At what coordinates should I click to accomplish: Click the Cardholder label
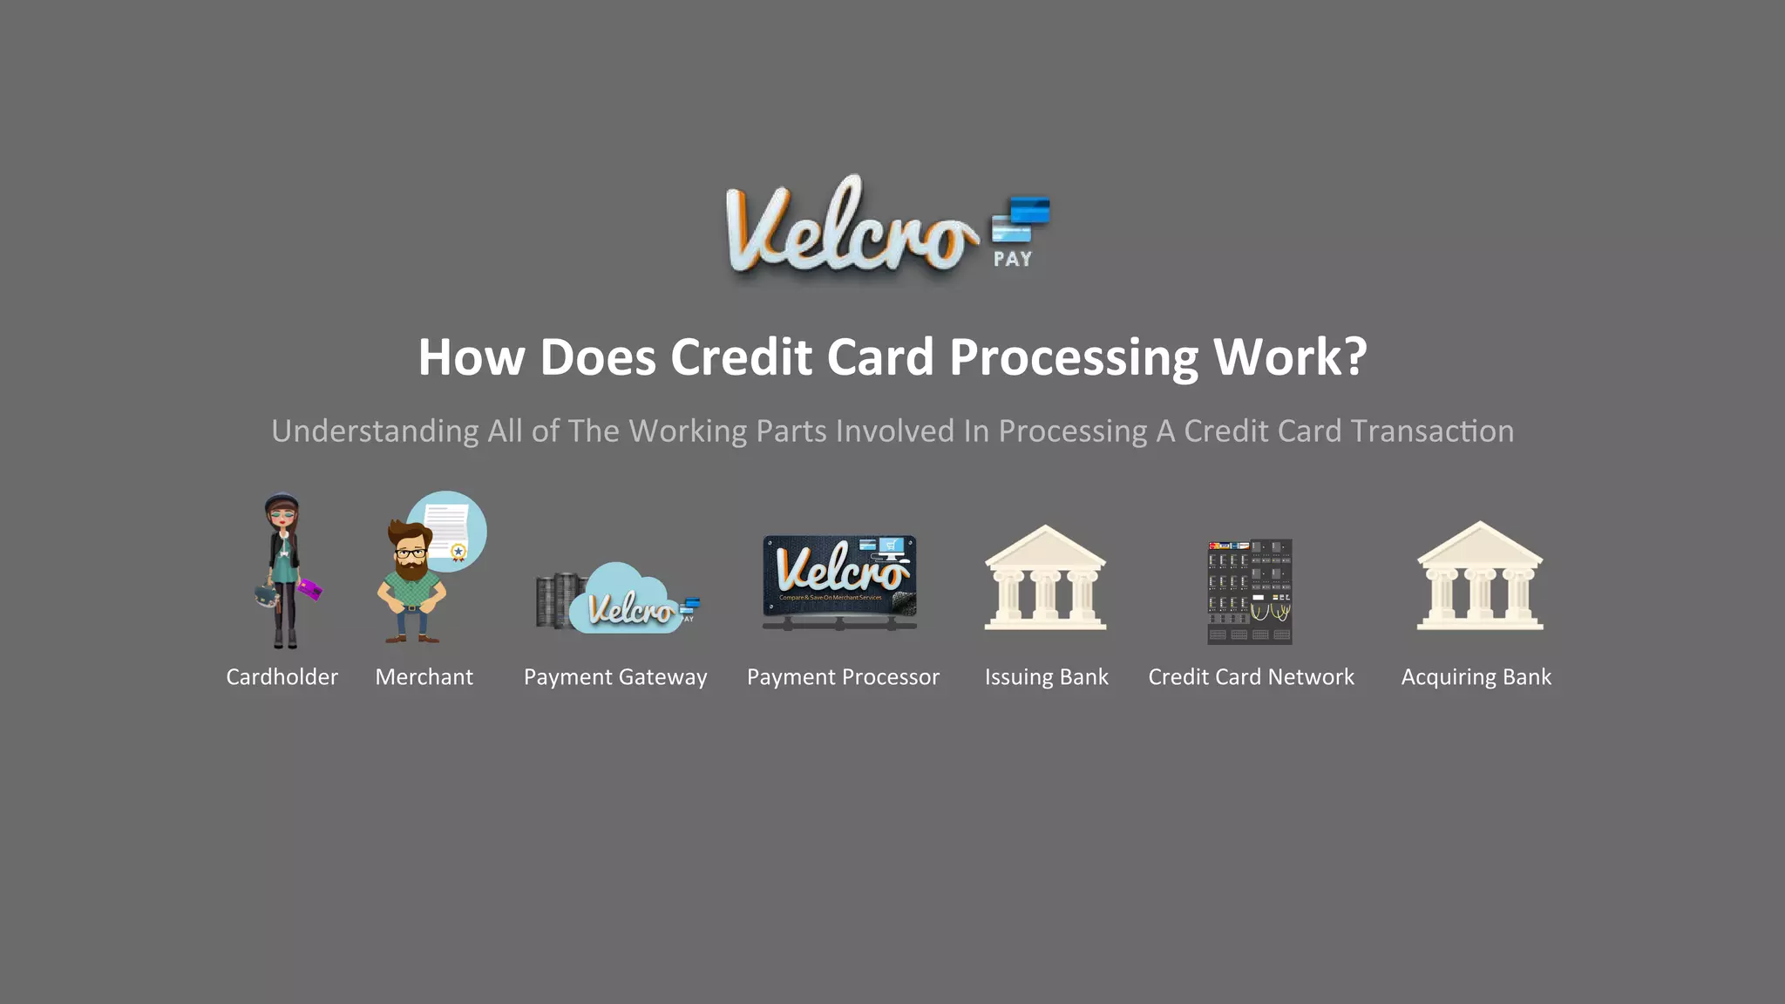(282, 677)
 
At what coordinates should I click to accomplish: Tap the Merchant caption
(424, 677)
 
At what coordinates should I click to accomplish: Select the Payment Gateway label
(615, 677)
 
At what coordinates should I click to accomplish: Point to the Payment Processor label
(843, 677)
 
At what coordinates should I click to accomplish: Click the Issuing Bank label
(1046, 677)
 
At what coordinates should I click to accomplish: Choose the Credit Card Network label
(1251, 677)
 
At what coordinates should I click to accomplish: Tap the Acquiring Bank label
(1476, 677)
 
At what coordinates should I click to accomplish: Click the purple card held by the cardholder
(310, 590)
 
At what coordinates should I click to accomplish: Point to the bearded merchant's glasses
(411, 553)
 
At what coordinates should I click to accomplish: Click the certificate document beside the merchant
(448, 529)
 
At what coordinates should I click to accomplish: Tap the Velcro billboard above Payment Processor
(839, 575)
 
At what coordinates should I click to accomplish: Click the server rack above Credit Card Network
(1249, 592)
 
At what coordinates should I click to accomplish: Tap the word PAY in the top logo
(1013, 259)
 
